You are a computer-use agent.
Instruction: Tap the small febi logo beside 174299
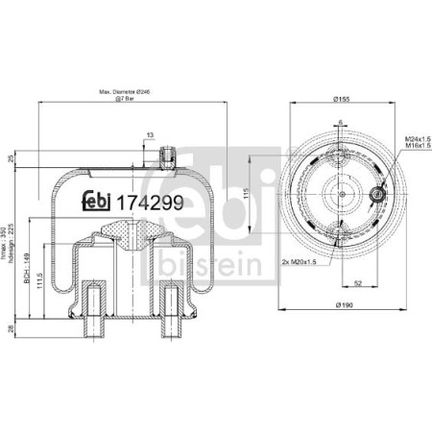pyautogui.click(x=100, y=203)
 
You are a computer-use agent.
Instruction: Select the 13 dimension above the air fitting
pyautogui.click(x=150, y=136)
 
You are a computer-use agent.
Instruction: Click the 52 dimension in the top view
pyautogui.click(x=357, y=282)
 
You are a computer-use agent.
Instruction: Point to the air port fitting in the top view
pyautogui.click(x=376, y=197)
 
